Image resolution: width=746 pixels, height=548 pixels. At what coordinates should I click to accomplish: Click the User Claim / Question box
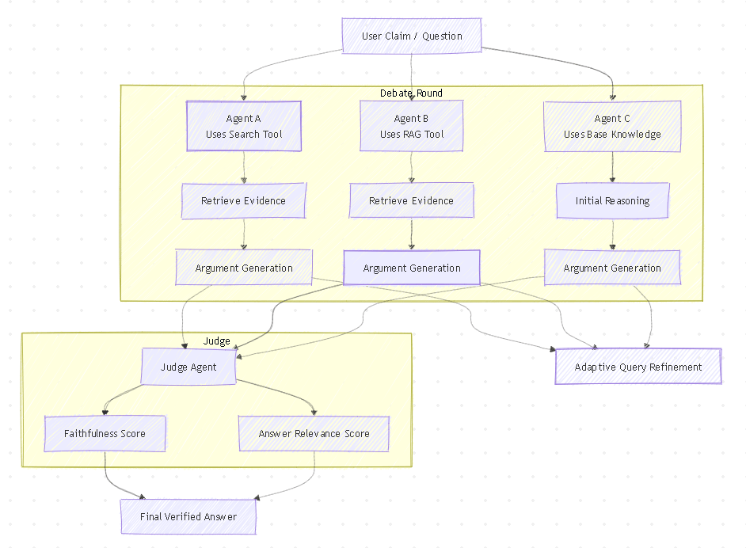411,36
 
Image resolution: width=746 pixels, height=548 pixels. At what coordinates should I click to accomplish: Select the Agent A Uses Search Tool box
243,126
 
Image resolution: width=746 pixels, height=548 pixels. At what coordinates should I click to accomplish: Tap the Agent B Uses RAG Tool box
411,126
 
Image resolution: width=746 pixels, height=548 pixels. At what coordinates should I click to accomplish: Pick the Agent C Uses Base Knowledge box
612,126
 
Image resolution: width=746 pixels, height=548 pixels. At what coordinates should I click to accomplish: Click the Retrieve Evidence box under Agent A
243,201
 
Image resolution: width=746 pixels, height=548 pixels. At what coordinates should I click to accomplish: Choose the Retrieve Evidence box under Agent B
411,201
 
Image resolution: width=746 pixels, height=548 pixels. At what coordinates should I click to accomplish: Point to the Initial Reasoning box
612,201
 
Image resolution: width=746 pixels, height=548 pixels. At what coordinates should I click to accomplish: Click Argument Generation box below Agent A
243,268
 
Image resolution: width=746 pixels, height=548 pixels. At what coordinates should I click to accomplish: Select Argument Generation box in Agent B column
411,268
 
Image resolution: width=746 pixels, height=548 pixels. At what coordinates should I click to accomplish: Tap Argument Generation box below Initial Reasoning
612,268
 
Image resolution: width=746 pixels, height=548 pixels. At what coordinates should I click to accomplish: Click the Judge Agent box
188,367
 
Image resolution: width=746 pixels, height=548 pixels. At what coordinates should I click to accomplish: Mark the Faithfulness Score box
105,434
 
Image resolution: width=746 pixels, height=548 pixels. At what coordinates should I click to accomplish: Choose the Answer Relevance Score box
314,434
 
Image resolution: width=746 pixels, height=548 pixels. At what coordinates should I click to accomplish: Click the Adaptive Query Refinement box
638,367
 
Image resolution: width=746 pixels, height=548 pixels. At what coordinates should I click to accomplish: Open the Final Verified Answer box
188,517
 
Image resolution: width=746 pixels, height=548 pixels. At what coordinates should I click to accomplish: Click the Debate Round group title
411,93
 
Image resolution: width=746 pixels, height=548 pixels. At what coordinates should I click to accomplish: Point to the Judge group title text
216,341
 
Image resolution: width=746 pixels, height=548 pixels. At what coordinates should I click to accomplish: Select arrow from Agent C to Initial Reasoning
612,167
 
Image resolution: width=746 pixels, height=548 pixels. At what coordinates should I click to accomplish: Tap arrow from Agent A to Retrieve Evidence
243,167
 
